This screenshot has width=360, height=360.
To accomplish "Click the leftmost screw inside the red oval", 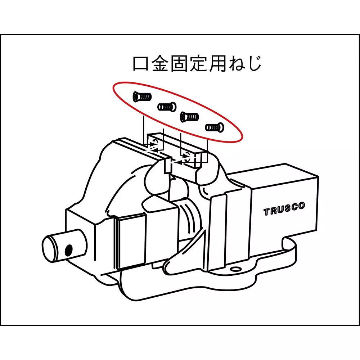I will (141, 97).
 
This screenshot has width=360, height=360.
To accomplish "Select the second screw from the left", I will (166, 107).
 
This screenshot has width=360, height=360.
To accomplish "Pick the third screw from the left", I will (190, 116).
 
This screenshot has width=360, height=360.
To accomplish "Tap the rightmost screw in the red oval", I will (215, 127).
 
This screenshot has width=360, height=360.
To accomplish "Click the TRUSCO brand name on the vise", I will (284, 209).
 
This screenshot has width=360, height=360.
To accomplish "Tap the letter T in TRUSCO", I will (267, 212).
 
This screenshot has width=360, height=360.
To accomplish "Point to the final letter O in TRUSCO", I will (301, 206).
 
